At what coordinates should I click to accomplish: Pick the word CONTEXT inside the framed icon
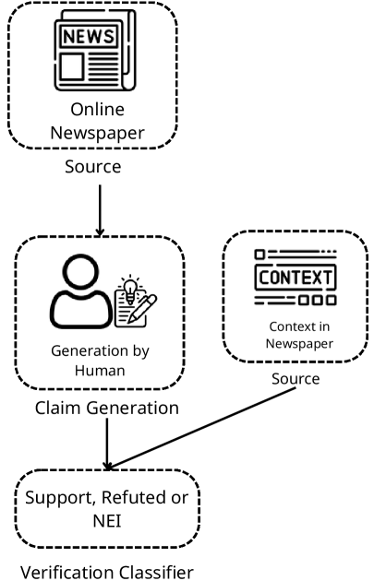click(x=295, y=277)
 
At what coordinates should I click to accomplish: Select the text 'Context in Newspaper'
click(x=295, y=334)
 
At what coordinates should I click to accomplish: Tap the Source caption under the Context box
click(x=295, y=379)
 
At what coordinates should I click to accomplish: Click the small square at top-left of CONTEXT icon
click(x=260, y=253)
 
